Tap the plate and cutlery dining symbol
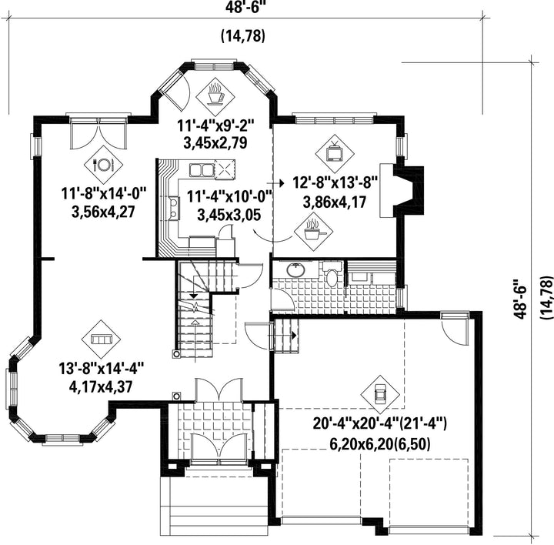103,165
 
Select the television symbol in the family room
334,152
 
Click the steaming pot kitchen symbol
313,232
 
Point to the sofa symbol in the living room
102,339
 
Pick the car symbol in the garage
380,394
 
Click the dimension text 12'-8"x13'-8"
335,183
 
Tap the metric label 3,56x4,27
104,212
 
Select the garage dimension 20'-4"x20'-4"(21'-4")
380,423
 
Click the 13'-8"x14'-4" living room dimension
102,369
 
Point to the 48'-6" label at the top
245,8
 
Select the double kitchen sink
200,170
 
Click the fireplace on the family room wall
402,190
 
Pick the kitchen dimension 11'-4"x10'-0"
229,196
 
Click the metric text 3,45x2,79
215,142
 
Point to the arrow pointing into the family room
275,183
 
